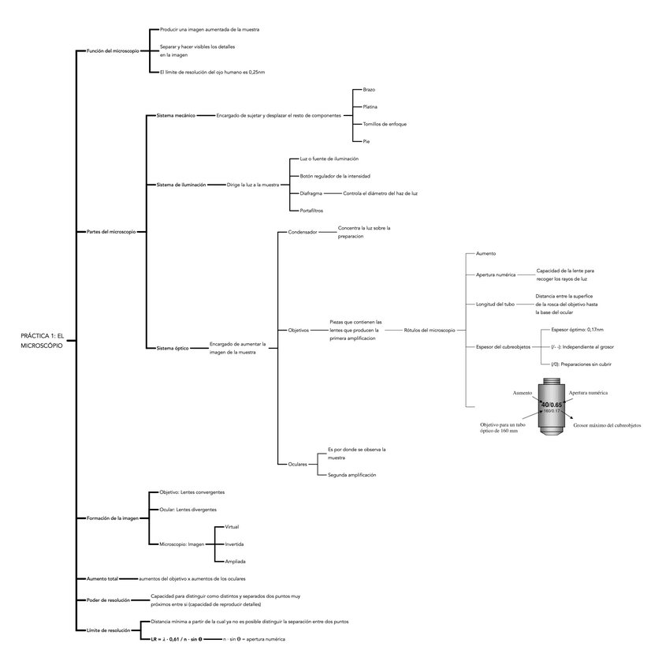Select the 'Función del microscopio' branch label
tap(113, 50)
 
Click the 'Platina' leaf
tap(370, 107)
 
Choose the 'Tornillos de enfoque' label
tap(384, 124)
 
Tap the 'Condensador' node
tap(303, 233)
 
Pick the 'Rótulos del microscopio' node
tap(429, 330)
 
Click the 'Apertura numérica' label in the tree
tap(496, 275)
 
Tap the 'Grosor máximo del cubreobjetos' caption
tap(607, 425)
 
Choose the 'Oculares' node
tap(298, 464)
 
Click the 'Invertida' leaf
tap(234, 544)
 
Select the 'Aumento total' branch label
tap(102, 579)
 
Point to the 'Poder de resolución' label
tap(108, 600)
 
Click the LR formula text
tap(179, 638)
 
